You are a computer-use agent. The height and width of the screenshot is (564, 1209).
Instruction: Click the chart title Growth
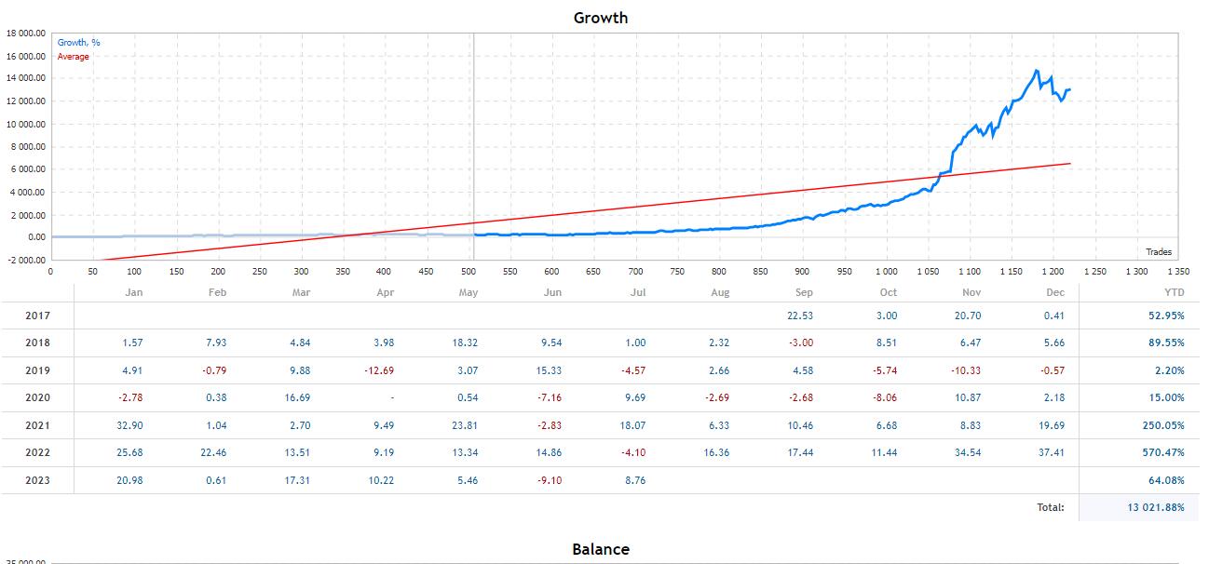600,18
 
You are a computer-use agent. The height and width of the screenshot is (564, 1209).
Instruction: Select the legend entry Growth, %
79,42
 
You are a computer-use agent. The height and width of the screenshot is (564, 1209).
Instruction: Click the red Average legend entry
74,57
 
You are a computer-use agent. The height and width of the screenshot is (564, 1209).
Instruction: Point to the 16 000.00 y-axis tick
26,56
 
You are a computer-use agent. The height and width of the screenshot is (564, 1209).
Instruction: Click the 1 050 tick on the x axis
928,272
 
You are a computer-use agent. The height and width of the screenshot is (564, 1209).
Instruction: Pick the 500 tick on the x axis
469,272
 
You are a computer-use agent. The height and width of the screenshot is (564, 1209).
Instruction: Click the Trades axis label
1159,252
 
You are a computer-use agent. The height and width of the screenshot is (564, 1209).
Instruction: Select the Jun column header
552,292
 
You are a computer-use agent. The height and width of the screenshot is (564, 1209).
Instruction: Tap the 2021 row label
37,425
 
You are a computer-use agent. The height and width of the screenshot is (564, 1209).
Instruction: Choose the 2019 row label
37,370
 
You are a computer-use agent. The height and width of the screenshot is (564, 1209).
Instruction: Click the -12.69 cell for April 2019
381,370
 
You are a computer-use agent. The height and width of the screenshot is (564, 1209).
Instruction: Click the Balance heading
600,549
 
